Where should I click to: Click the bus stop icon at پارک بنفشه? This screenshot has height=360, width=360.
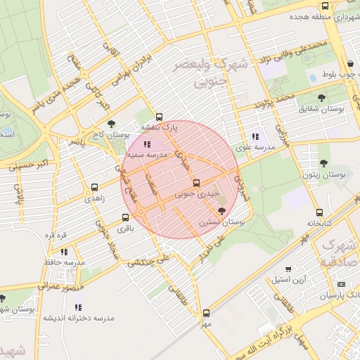[x=159, y=117]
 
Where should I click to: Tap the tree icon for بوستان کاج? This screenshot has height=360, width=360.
[x=111, y=124]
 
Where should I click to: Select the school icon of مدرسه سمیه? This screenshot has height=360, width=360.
[x=146, y=143]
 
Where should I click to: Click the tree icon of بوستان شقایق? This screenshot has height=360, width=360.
[x=321, y=98]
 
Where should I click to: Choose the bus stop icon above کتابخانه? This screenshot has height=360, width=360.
[x=320, y=212]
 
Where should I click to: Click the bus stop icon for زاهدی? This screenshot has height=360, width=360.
[x=94, y=188]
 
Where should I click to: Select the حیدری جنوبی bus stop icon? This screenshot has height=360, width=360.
[x=196, y=184]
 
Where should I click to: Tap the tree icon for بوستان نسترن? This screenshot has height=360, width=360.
[x=222, y=211]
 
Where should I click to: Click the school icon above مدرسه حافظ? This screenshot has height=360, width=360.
[x=64, y=251]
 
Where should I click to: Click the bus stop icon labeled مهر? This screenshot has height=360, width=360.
[x=206, y=314]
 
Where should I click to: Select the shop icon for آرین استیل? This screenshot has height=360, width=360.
[x=288, y=269]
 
